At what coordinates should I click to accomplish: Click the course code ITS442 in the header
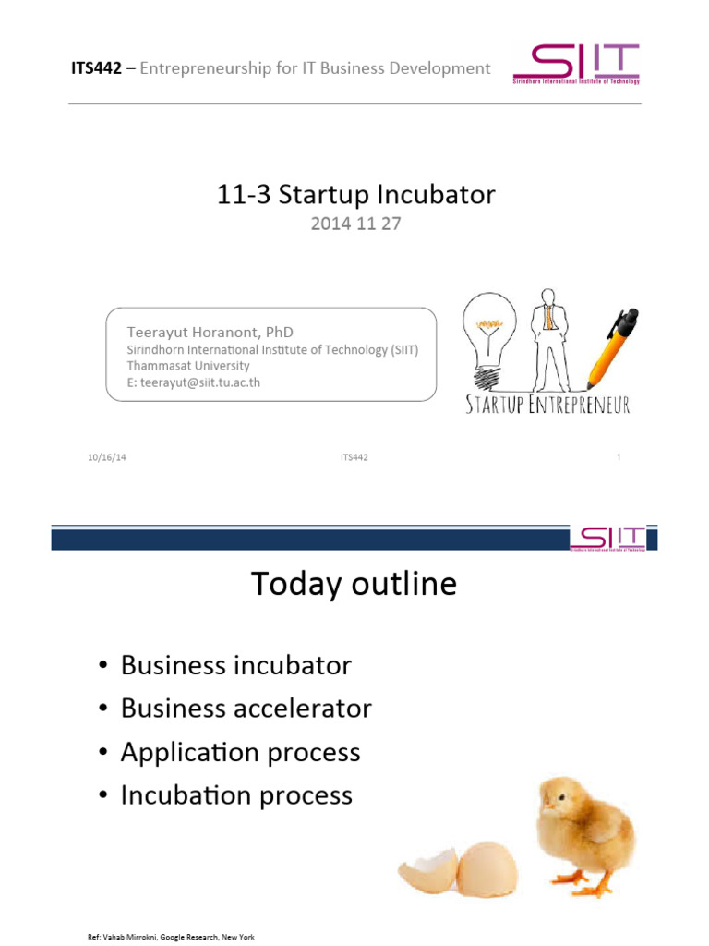(x=96, y=68)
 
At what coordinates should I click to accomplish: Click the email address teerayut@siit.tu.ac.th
(x=193, y=382)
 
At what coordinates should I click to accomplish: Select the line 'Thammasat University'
(x=187, y=366)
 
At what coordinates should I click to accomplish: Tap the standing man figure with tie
(x=548, y=336)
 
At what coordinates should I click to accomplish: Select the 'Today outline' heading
(x=354, y=584)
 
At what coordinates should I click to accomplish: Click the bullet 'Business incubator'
(x=235, y=665)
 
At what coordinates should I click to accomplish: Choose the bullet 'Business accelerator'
(x=246, y=709)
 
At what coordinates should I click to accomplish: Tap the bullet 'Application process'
(x=240, y=752)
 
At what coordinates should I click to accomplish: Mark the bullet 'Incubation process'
(x=236, y=795)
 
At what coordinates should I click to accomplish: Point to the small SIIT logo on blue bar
(x=607, y=539)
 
